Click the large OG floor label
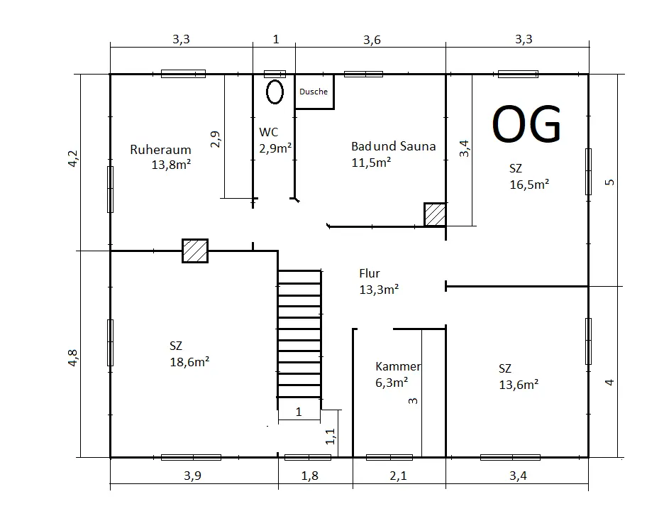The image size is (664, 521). (526, 124)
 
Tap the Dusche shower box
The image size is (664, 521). (314, 92)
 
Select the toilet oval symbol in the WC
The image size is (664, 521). (275, 92)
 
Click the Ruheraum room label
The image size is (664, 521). (160, 150)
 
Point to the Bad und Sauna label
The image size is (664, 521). (394, 146)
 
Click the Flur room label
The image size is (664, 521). (370, 273)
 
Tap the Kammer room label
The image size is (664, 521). (398, 366)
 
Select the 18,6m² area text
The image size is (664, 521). (189, 362)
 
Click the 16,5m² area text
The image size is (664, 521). (529, 185)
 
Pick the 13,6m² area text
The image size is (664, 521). (519, 385)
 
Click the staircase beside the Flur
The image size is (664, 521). (299, 334)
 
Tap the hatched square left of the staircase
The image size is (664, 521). (195, 251)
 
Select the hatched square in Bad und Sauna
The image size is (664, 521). (435, 215)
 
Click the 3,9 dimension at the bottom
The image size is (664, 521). (193, 476)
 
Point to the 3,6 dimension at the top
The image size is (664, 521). (372, 40)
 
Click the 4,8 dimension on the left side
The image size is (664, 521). (73, 358)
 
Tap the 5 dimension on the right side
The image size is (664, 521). (609, 182)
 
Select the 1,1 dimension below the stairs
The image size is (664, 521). (331, 437)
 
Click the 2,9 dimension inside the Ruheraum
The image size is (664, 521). (216, 139)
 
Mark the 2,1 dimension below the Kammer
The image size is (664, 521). (399, 476)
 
